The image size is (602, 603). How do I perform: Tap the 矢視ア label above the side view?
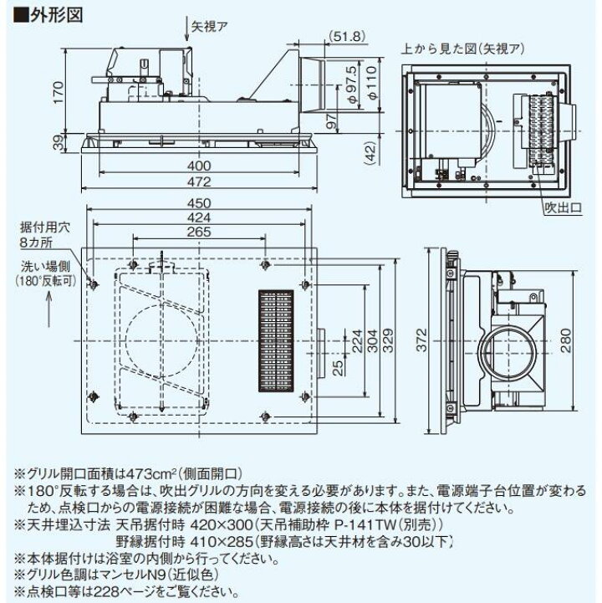pos(203,28)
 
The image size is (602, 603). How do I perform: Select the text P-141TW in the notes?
pos(370,524)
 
